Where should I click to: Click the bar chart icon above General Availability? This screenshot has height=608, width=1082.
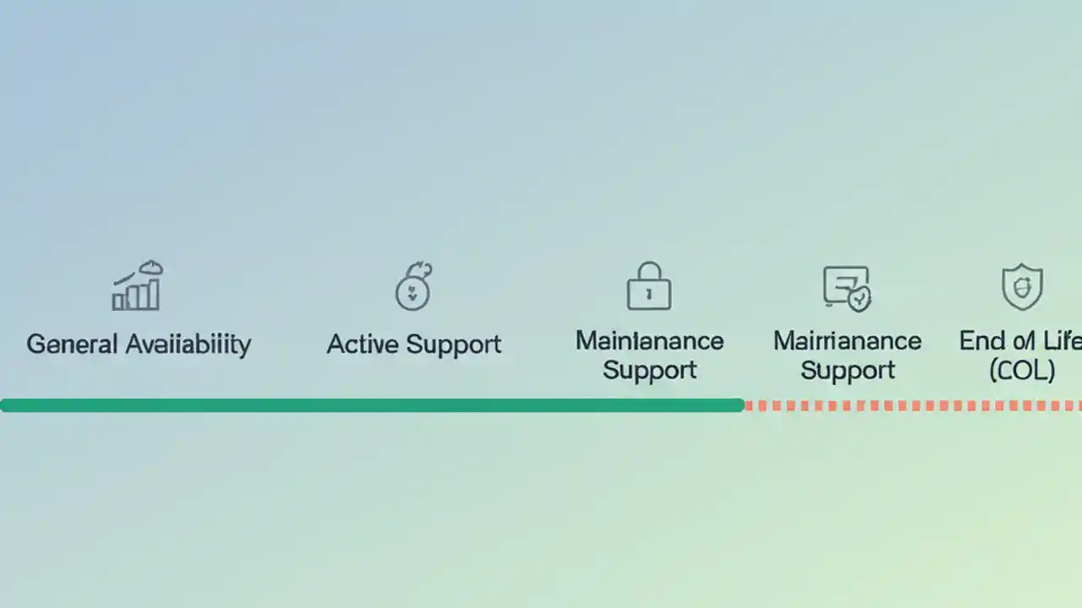[138, 287]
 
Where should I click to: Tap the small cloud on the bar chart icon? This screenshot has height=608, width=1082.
[150, 268]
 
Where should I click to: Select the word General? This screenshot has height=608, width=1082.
[71, 345]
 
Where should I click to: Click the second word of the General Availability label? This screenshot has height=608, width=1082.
[188, 345]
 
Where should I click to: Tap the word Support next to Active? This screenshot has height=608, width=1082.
[453, 345]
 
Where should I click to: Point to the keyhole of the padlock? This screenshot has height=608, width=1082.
[648, 294]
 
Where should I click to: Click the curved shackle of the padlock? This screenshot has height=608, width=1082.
[648, 270]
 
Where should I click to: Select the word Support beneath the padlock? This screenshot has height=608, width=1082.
[649, 371]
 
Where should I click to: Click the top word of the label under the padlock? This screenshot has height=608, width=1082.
[649, 341]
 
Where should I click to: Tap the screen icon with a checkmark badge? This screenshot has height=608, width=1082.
[846, 288]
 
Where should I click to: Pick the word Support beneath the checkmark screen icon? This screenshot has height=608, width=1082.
[847, 371]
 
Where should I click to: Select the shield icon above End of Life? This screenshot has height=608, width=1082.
[1022, 287]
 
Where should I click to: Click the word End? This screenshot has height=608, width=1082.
[981, 341]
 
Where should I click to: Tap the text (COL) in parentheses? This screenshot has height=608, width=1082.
[1022, 371]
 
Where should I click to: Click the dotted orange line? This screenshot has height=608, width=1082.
[913, 405]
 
